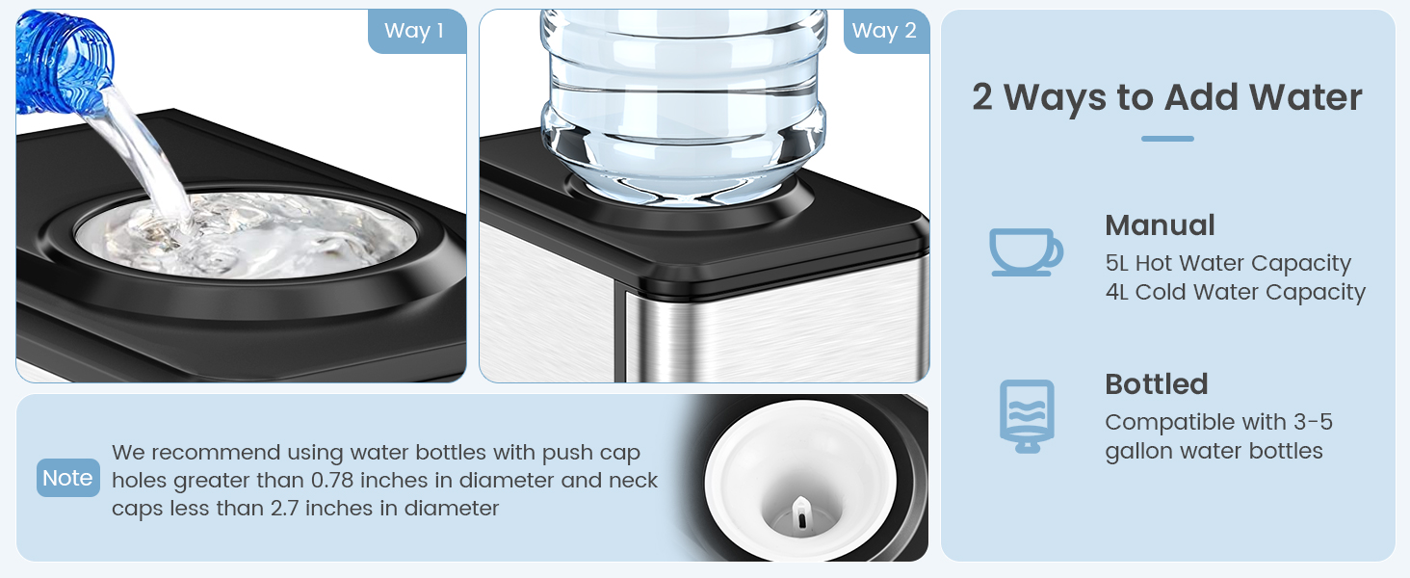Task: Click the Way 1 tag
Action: pos(414,31)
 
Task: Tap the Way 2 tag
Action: pos(884,31)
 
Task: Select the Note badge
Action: pos(67,478)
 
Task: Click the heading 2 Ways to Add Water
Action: pos(1166,97)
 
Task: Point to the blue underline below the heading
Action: pos(1167,139)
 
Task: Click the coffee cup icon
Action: pos(1026,251)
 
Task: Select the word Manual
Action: pos(1160,225)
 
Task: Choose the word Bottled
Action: pos(1156,384)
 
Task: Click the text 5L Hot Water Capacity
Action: pos(1228,263)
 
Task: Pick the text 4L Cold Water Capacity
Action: pos(1236,292)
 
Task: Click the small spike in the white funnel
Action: pos(798,513)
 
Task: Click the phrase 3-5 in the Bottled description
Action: pos(1311,422)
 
